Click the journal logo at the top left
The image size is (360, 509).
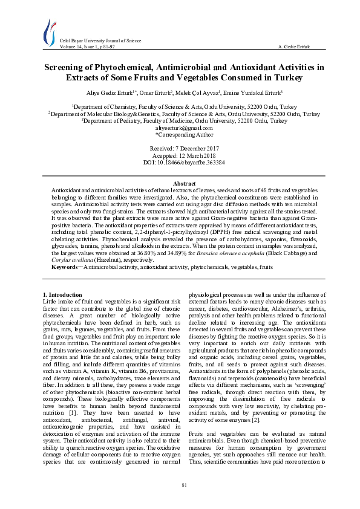[x=48, y=31]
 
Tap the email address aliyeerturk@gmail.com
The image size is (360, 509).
[x=180, y=128]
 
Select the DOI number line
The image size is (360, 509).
[x=180, y=163]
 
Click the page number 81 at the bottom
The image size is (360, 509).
[x=180, y=485]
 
